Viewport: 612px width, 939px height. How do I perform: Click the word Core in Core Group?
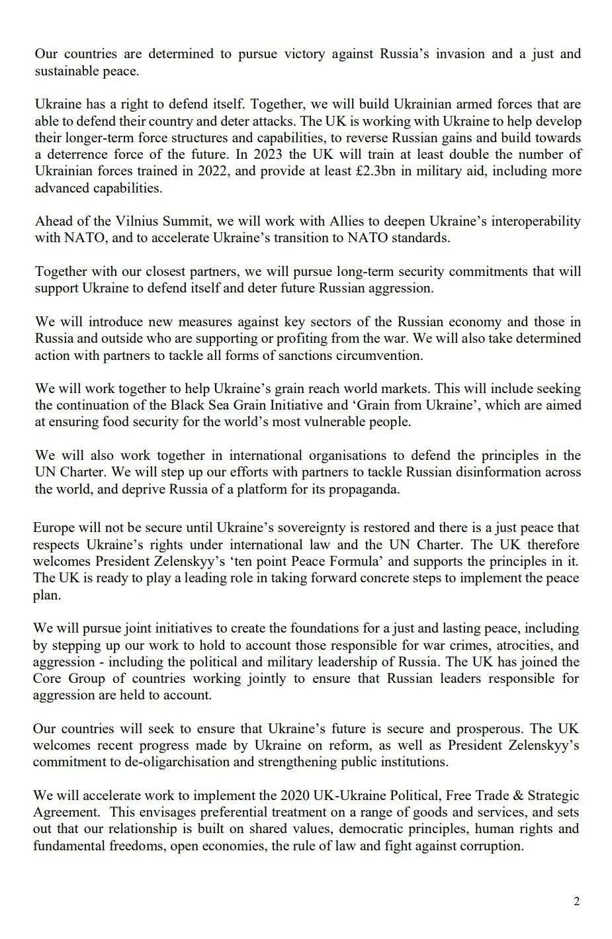point(48,678)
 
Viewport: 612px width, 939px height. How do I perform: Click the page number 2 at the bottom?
point(577,901)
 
